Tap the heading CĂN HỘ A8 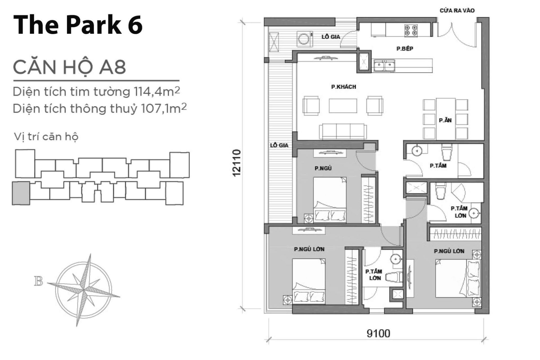coord(69,67)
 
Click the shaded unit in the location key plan coord(21,193)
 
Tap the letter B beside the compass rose coord(38,281)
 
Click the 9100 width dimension coord(378,333)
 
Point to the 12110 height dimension coord(237,163)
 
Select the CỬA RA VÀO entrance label coord(457,11)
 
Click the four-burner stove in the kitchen coord(411,31)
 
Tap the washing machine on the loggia coord(305,39)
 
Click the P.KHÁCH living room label coord(343,87)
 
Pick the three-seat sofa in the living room coord(343,131)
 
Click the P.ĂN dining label coord(445,120)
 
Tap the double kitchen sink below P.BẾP coord(384,66)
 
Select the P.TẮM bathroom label coord(438,166)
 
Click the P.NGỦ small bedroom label coord(323,168)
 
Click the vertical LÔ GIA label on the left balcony coord(279,145)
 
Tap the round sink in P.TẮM coord(417,151)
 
